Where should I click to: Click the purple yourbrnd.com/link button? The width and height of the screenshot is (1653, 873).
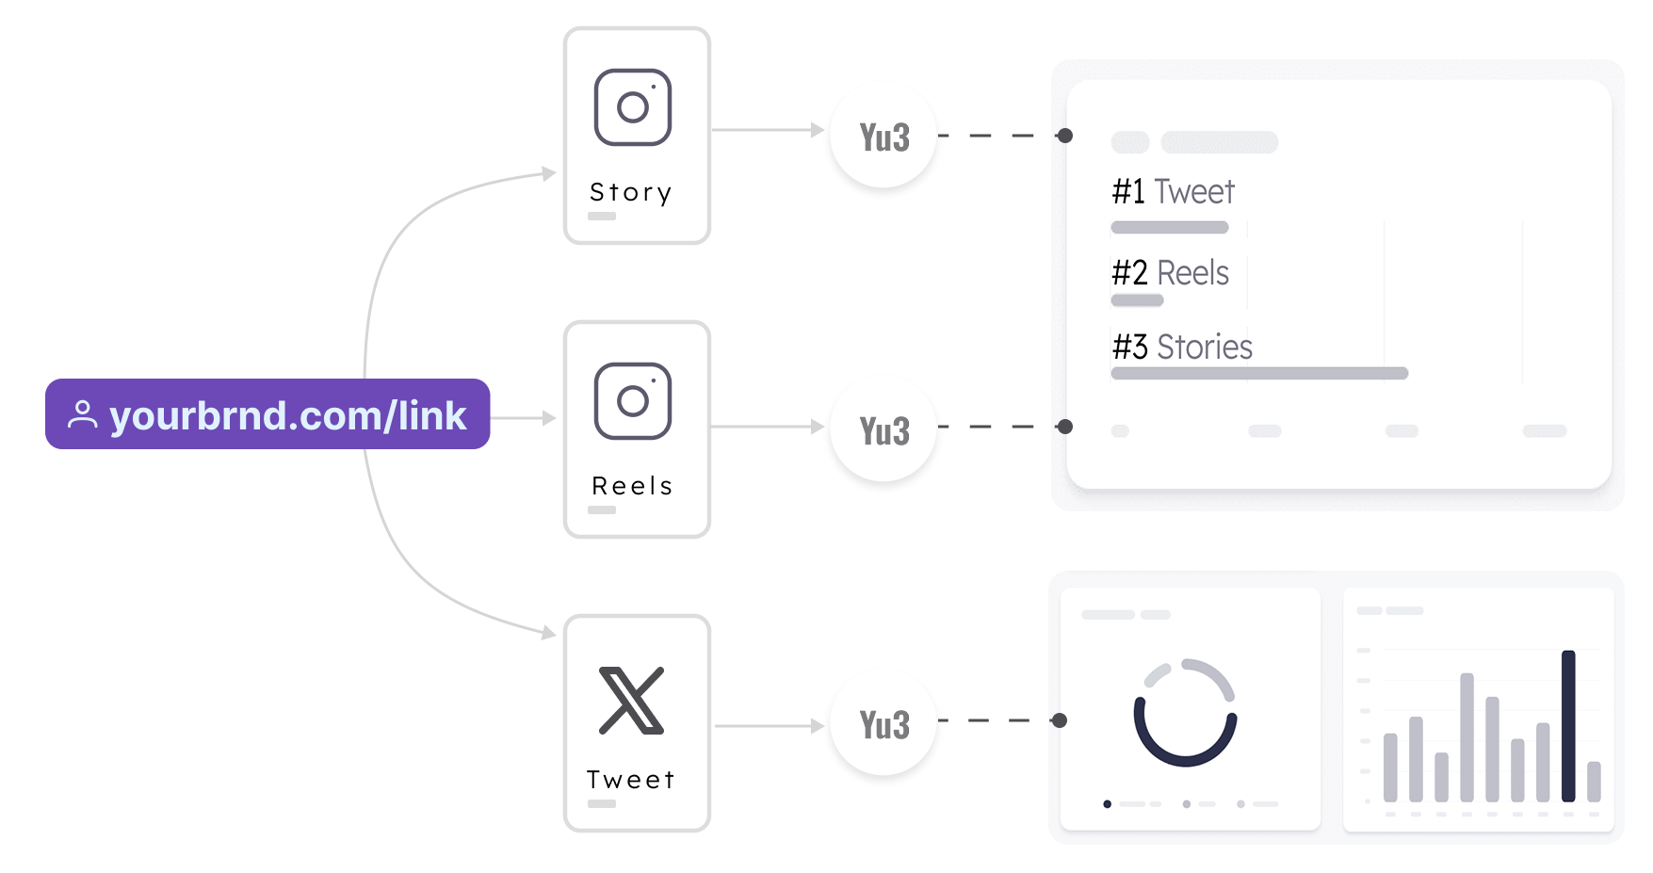click(267, 414)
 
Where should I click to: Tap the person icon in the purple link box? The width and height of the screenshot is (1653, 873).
click(83, 414)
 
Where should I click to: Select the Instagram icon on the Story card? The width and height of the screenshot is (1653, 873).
click(633, 107)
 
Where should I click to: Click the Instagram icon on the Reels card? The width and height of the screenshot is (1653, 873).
click(633, 401)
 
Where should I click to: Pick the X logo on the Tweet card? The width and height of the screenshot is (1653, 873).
click(632, 701)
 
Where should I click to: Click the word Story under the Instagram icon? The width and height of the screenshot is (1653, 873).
click(631, 192)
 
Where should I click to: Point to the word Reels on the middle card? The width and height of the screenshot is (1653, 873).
click(632, 486)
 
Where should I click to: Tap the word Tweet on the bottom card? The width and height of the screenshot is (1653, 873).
click(631, 780)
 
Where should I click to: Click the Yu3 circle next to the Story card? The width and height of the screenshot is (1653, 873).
click(883, 137)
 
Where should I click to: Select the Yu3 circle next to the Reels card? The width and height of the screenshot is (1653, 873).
click(883, 431)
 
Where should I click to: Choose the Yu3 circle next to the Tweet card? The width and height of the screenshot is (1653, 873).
click(883, 725)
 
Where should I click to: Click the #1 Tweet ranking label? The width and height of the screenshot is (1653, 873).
click(1173, 191)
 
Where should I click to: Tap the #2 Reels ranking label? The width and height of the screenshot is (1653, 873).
click(1171, 273)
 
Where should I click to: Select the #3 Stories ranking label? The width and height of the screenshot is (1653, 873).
click(1182, 347)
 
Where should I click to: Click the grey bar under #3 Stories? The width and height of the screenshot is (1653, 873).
click(1259, 374)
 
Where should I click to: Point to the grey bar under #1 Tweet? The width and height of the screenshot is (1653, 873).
click(1170, 227)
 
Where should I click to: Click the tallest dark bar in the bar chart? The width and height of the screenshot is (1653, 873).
click(1568, 725)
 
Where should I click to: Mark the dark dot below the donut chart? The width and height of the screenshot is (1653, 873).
click(1108, 804)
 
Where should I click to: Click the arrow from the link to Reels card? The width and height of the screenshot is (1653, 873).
click(524, 417)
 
